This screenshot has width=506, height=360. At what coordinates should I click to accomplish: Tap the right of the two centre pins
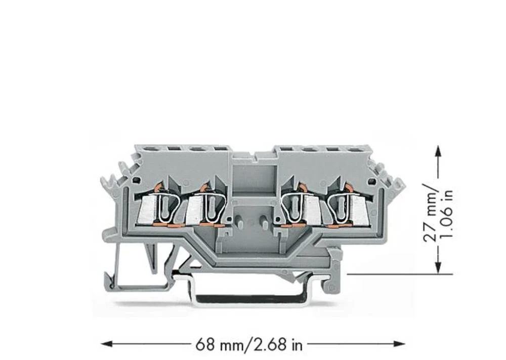point(264,221)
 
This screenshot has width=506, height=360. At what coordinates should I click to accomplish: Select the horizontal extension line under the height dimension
point(400,274)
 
